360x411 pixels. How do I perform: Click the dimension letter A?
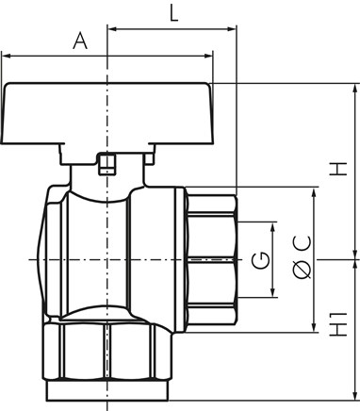pos(80,41)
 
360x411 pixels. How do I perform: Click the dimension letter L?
pos(173,14)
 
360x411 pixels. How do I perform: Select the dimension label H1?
pos(338,324)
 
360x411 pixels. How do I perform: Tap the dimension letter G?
pos(261,260)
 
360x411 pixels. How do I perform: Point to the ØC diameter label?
pos(303,256)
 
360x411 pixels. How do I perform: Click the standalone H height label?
pos(338,169)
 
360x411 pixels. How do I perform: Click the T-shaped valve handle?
pos(106,123)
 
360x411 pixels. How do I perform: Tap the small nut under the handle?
pos(106,164)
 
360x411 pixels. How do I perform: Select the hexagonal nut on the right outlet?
pos(210,260)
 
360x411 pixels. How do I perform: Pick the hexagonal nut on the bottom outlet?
pos(106,352)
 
